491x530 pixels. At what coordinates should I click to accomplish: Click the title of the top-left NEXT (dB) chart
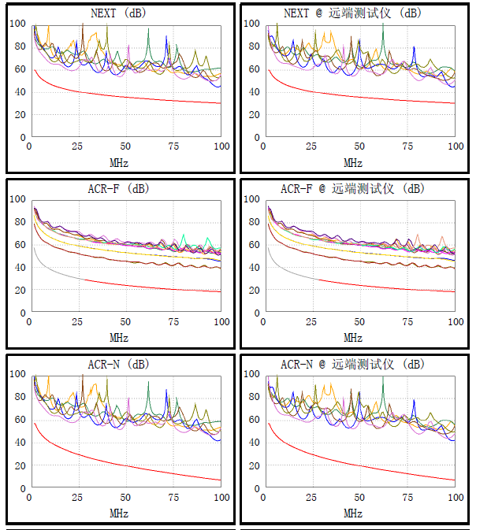(118, 13)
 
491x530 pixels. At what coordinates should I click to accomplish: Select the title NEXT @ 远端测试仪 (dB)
(353, 13)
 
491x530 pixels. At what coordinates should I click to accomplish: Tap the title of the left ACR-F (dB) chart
(118, 189)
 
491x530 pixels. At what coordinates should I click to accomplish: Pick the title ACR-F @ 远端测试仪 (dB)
(352, 189)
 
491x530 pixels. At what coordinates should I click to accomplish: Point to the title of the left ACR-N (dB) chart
(118, 365)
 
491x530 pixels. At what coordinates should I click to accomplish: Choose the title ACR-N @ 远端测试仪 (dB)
(352, 365)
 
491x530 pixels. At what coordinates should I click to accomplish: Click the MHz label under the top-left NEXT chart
(119, 163)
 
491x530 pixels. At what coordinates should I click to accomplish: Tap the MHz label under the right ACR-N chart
(353, 513)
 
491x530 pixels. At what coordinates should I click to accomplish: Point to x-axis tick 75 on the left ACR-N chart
(173, 498)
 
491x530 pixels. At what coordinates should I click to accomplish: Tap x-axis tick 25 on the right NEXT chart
(312, 147)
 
